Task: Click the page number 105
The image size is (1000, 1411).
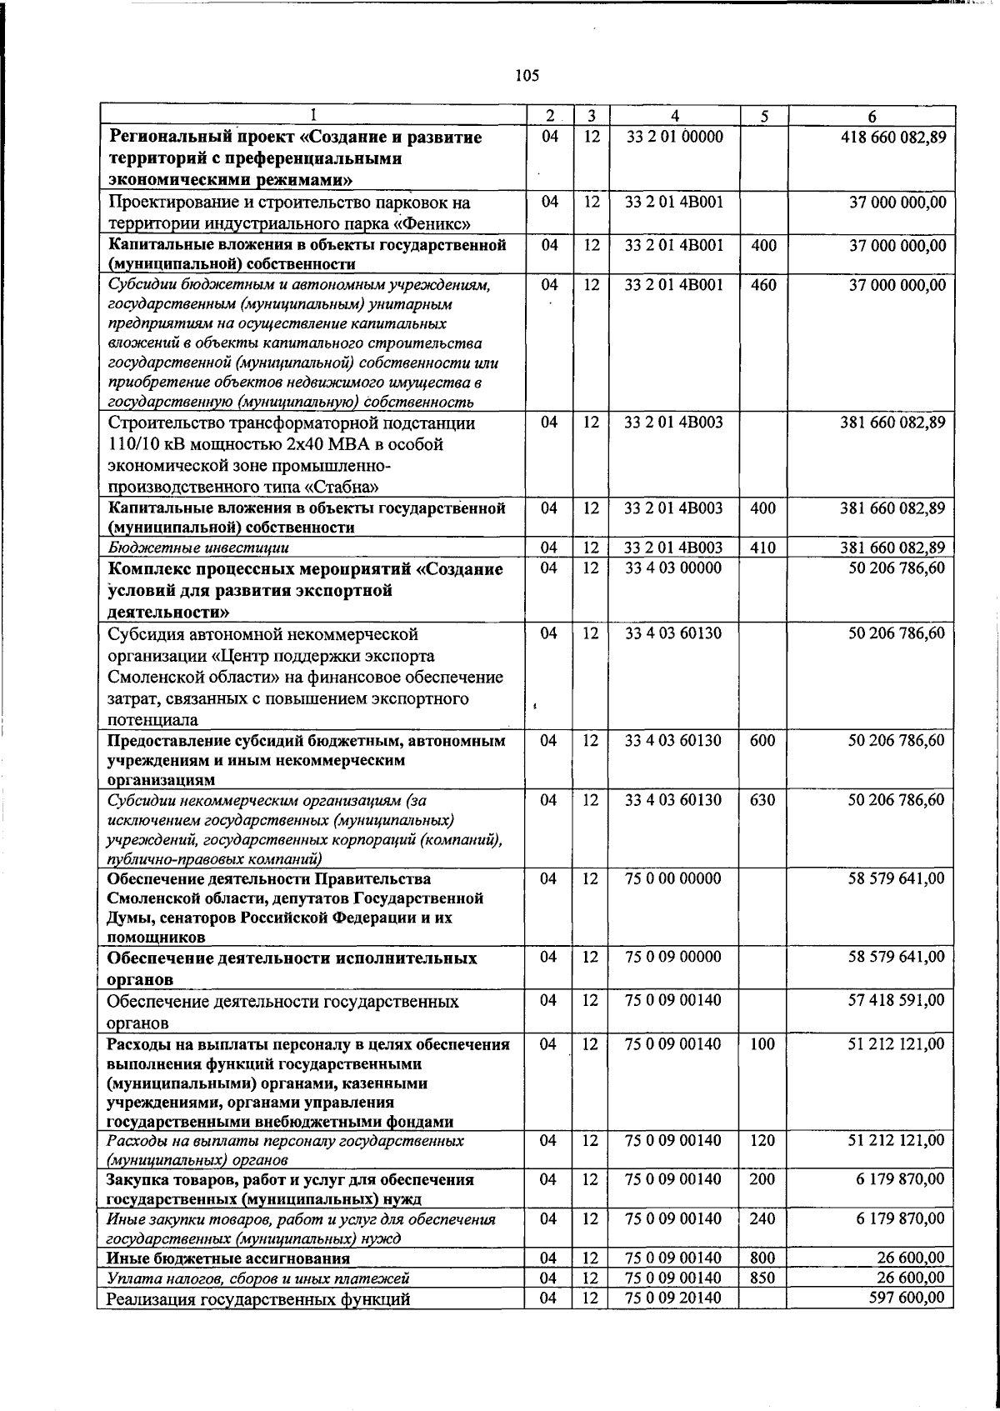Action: click(x=527, y=76)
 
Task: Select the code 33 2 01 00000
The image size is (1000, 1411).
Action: click(x=674, y=137)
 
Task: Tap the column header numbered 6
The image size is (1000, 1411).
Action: click(x=871, y=116)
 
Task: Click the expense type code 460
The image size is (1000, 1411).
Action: click(x=762, y=285)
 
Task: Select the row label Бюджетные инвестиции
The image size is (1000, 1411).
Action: click(x=199, y=548)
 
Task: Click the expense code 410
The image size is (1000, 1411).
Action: click(x=762, y=548)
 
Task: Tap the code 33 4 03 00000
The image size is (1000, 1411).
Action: click(x=674, y=568)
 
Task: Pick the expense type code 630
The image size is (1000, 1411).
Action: click(x=762, y=800)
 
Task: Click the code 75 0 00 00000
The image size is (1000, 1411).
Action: click(x=674, y=878)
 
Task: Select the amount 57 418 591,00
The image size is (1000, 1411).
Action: click(x=897, y=1000)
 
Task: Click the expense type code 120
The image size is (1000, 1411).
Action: click(x=762, y=1140)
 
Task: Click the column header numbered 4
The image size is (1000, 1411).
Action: click(x=674, y=116)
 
